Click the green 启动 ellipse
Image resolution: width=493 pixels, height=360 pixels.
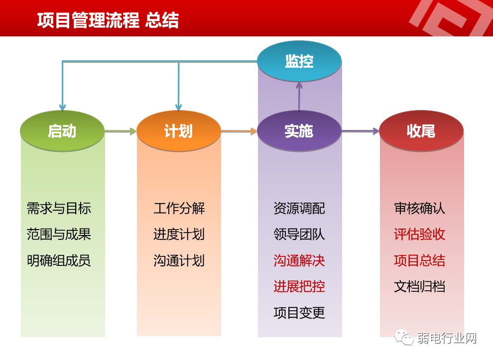[62, 131]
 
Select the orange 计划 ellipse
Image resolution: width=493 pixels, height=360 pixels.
[178, 131]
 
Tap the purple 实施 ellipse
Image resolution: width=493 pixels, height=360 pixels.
[299, 131]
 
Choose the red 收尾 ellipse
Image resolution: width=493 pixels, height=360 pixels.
[421, 131]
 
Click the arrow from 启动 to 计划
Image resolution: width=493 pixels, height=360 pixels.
[121, 131]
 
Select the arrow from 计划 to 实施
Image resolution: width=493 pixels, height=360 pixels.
[239, 131]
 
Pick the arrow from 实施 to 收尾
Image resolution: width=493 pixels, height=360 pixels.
[360, 131]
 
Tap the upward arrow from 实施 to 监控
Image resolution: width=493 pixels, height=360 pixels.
[299, 97]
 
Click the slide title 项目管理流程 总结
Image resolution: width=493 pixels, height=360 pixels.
[108, 21]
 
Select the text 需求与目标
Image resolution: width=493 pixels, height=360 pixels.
[59, 208]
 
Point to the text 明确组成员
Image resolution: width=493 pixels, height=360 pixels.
[59, 260]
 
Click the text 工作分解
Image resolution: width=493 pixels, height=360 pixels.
[179, 208]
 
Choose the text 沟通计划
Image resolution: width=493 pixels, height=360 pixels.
[179, 260]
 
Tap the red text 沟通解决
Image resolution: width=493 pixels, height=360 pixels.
[299, 260]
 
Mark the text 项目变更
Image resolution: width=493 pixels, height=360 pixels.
[299, 313]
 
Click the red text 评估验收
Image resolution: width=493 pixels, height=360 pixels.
[419, 235]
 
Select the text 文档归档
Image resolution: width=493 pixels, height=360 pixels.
[419, 287]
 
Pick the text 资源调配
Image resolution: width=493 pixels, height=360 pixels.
[299, 208]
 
